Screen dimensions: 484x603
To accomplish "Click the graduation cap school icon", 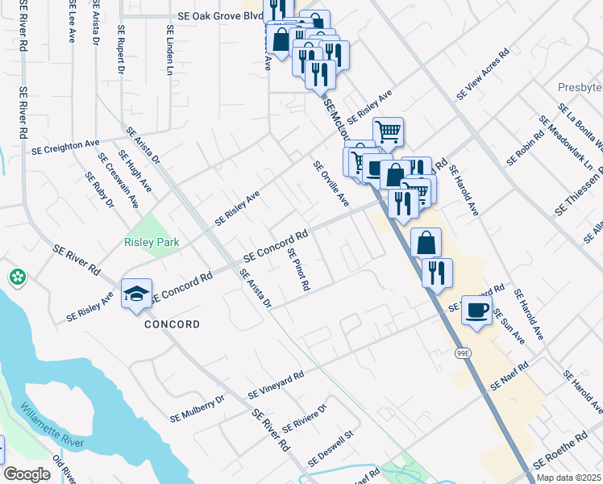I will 137,293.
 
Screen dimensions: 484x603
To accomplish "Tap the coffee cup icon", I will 477,310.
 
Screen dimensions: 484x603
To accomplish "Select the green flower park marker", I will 17,277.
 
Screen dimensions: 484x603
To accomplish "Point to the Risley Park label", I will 151,242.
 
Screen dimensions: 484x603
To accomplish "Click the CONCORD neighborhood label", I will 172,324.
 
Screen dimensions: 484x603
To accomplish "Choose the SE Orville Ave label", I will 331,181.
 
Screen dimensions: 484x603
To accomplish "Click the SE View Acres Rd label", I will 483,74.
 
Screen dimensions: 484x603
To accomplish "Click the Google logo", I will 27,474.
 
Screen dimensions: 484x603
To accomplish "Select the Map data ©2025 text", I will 568,478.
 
